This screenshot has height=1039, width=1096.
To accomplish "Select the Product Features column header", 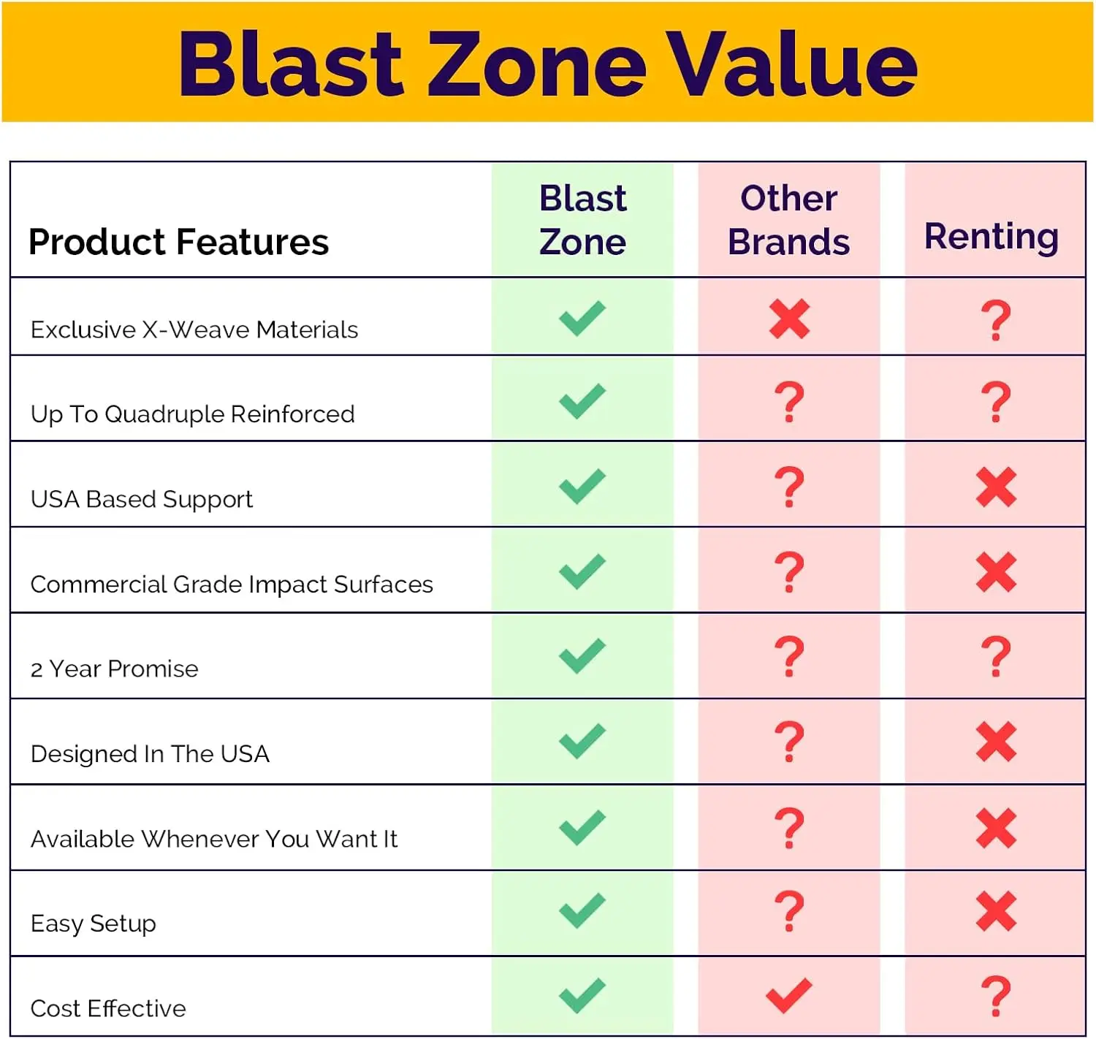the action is coord(178,242).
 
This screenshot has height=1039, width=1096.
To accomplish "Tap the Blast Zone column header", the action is coord(582,220).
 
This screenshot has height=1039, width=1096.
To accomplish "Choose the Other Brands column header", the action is coord(789,220).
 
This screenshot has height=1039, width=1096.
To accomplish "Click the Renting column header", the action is coord(992,237).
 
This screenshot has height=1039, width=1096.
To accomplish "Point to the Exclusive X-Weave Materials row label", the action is coord(194,330).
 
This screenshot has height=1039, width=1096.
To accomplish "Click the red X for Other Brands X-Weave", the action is coord(789,319).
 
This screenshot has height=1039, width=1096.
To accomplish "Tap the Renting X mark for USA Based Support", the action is coord(996,487).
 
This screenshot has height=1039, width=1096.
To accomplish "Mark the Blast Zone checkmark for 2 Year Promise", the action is coord(582,656).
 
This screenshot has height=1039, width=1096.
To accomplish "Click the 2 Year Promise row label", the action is coord(114,669).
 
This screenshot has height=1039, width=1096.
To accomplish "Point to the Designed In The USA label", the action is coord(150,754).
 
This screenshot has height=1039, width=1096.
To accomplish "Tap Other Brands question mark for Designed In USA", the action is coord(789,742).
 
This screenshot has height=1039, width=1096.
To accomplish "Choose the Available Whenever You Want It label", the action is coord(214,839).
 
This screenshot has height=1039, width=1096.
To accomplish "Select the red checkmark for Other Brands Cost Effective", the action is coord(789,996).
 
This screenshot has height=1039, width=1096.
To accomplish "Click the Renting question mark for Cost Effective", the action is coord(996,996).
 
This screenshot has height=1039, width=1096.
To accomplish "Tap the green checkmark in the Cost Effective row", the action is coord(582,996).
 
